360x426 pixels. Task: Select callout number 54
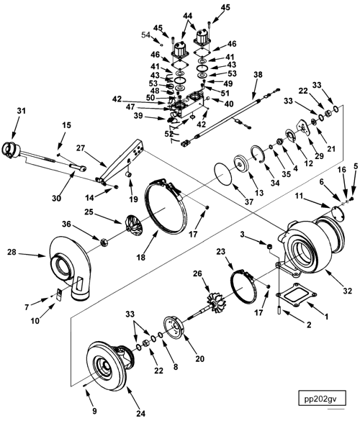(x=145, y=35)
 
